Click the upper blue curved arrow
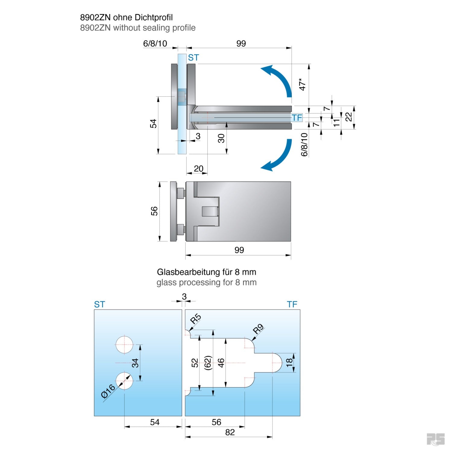pos(280,78)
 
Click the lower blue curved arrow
pos(280,157)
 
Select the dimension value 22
pos(349,117)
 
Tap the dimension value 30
pos(221,139)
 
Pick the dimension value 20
pos(199,168)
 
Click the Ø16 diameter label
pos(108,391)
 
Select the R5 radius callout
pos(196,319)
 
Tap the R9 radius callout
pos(258,329)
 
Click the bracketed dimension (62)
pos(208,363)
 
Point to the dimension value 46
pos(221,363)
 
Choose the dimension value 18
pos(289,363)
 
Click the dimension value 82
pos(230,432)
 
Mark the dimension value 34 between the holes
pos(135,363)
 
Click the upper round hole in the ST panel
pos(124,344)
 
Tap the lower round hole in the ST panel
pos(124,381)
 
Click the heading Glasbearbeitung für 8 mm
pos(206,272)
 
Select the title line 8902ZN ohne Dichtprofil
pos(126,17)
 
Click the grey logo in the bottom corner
pos(435,439)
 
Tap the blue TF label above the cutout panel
pos(292,305)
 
